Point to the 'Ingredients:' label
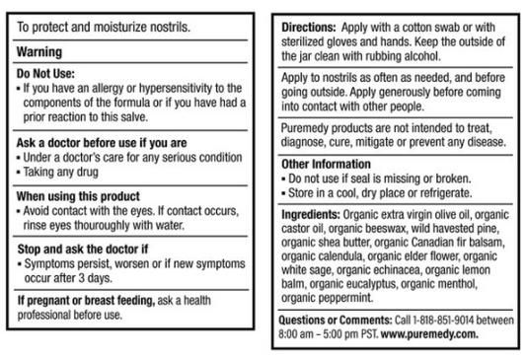coord(314,213)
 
